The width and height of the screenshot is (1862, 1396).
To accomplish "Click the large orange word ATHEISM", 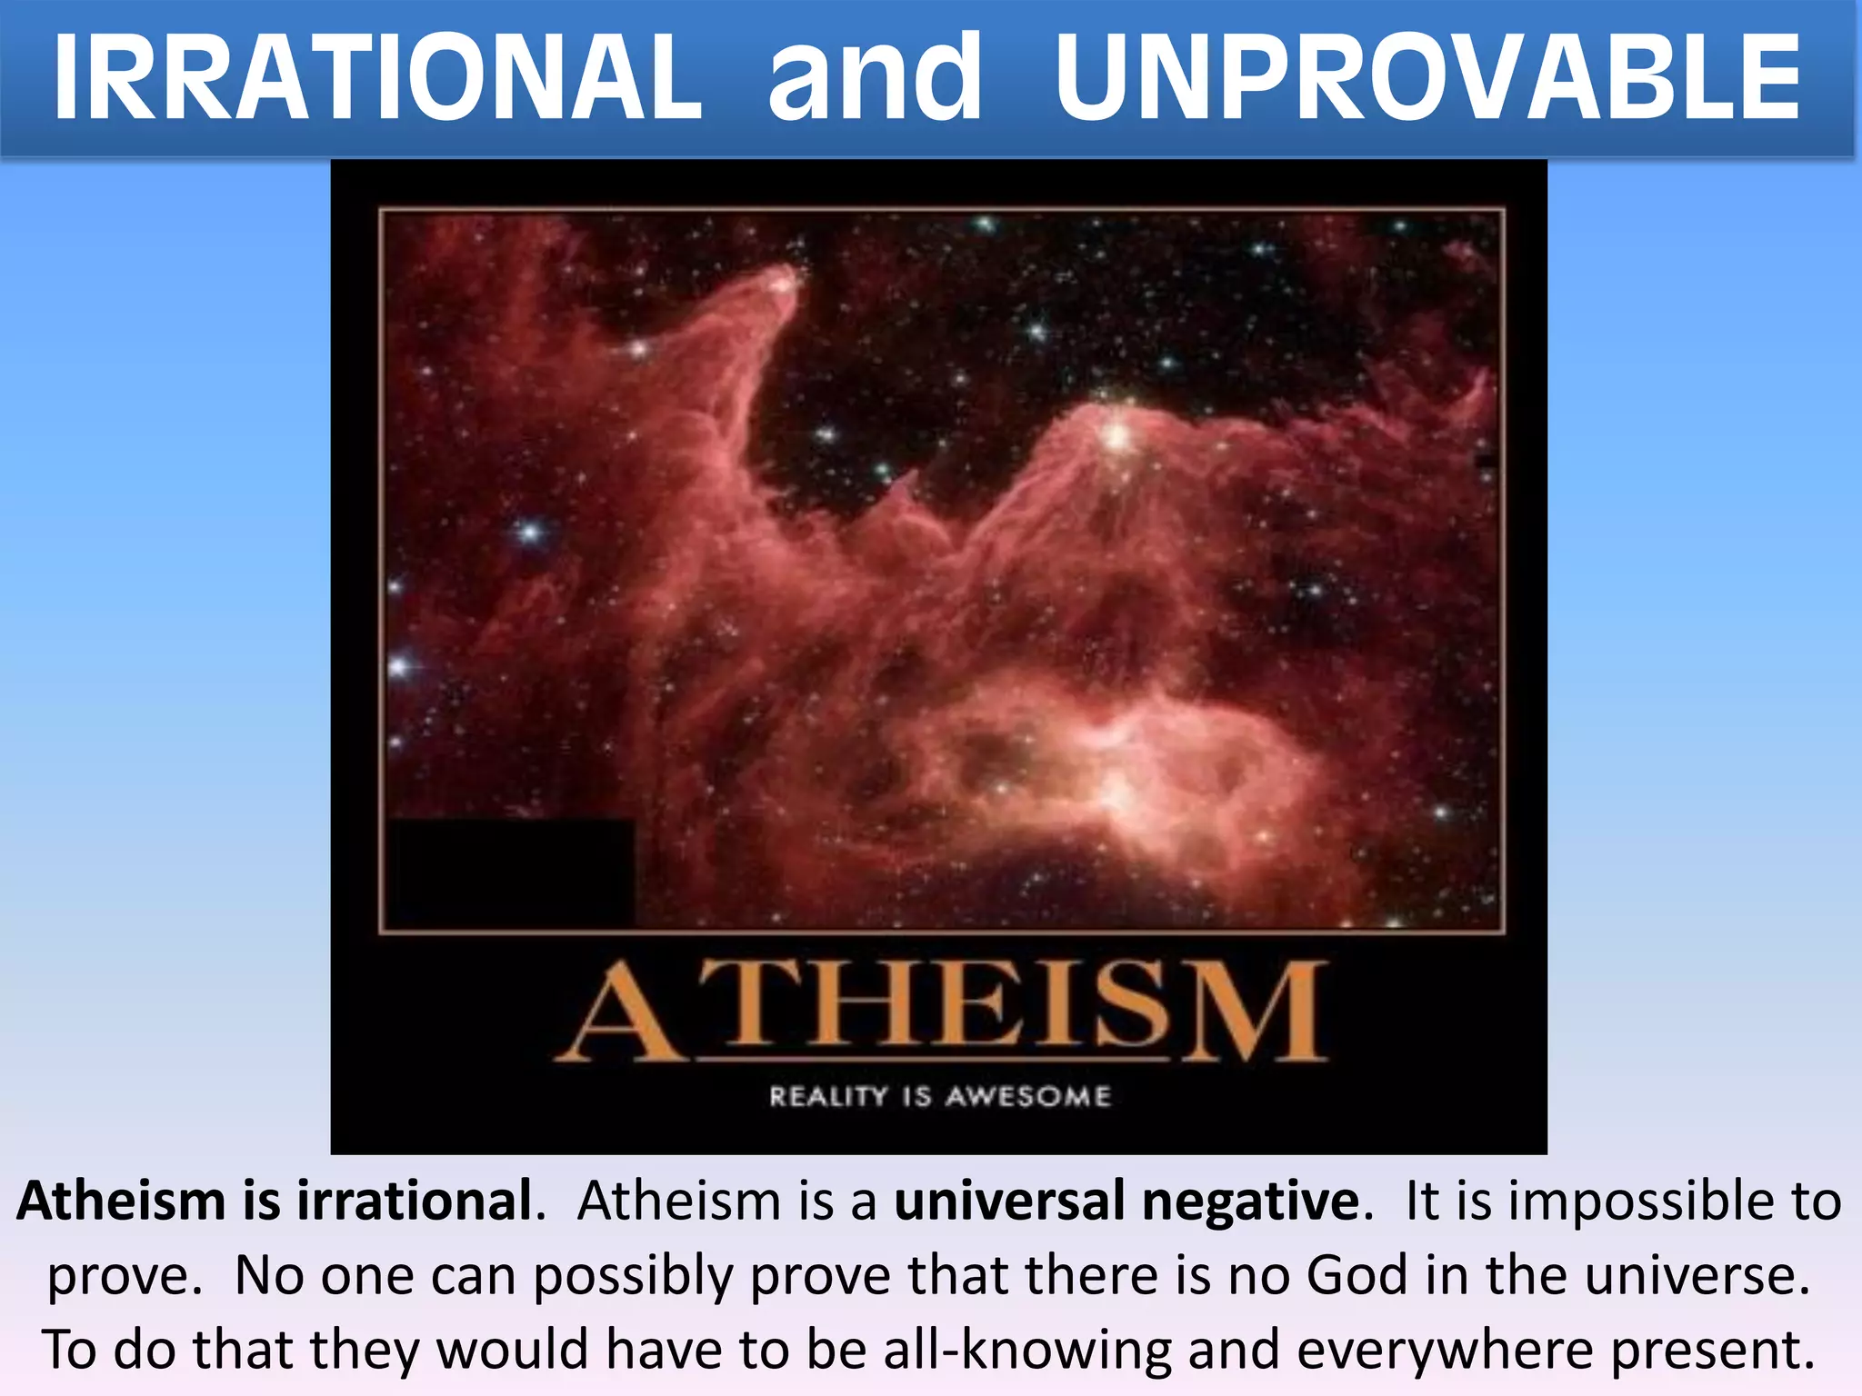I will (941, 1012).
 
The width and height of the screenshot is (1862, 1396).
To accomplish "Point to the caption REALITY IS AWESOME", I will (940, 1096).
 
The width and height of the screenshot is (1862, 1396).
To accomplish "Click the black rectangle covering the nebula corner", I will (510, 872).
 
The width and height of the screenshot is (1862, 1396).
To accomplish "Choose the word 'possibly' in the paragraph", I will (632, 1277).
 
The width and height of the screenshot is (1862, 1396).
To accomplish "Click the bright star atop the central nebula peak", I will (1117, 437).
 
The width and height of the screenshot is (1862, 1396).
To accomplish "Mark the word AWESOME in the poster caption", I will (1027, 1096).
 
